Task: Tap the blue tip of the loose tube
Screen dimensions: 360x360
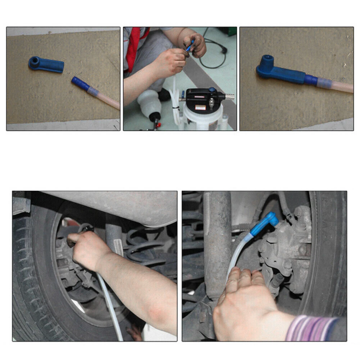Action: (x=80, y=84)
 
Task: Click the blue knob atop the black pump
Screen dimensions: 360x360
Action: (x=212, y=90)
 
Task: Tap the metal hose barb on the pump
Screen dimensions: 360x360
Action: (x=228, y=96)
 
